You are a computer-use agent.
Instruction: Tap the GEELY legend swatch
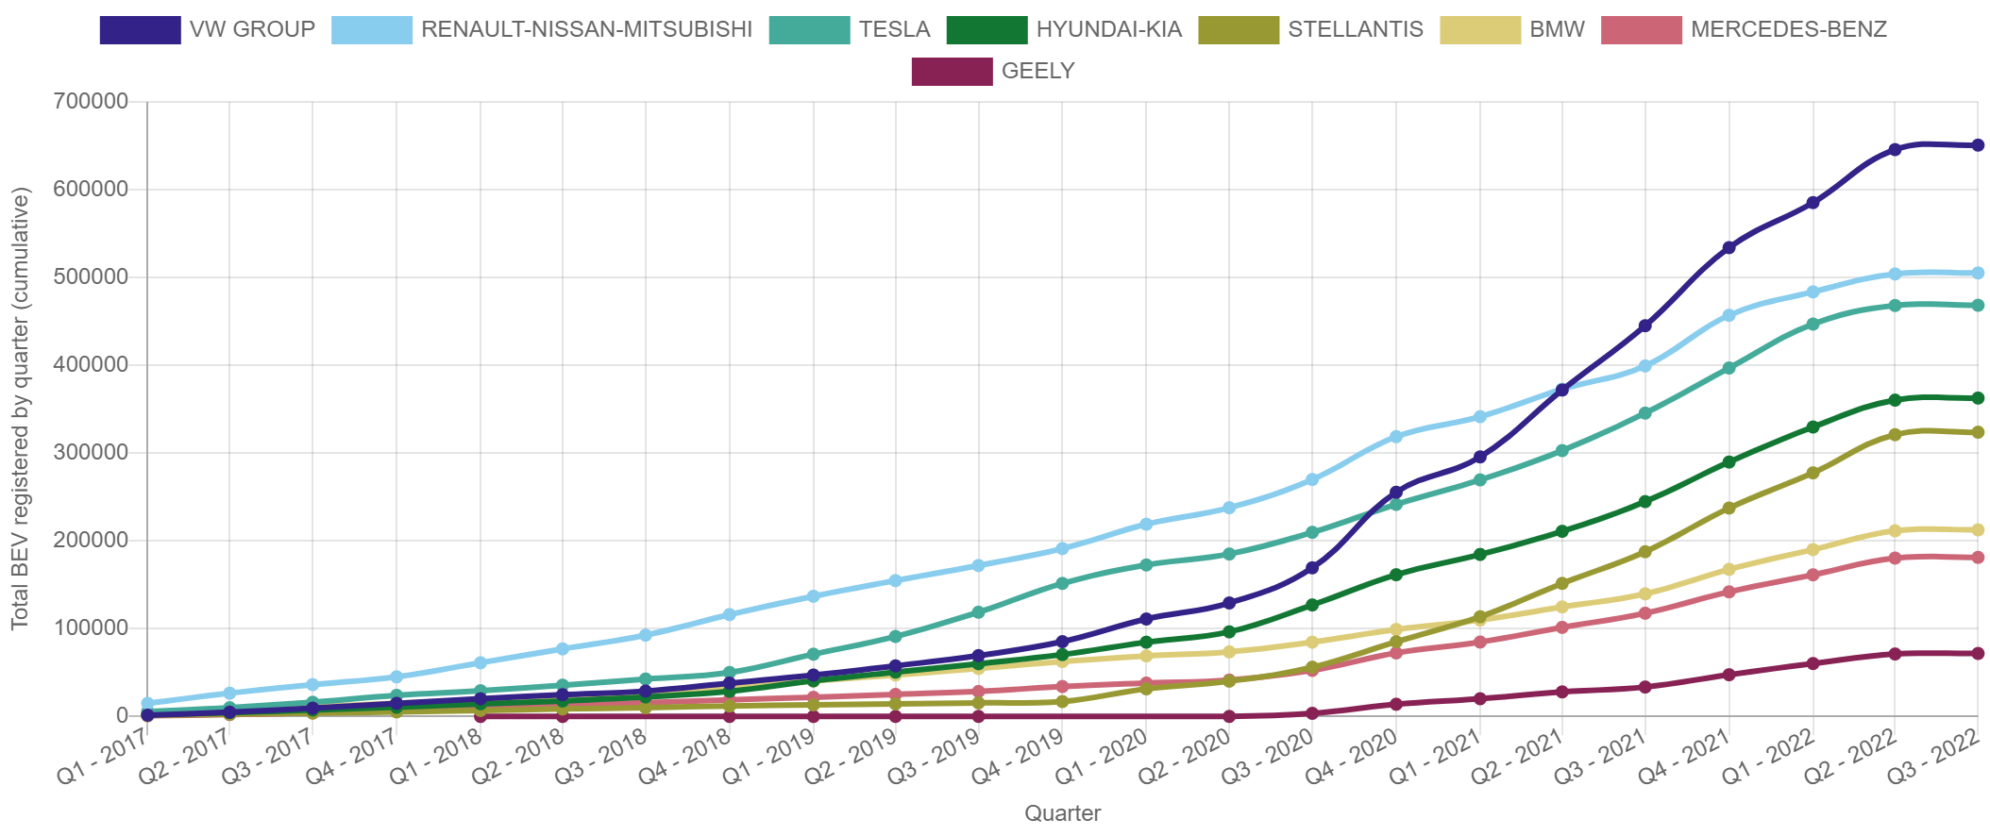(x=951, y=72)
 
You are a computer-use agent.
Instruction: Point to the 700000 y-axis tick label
(x=91, y=101)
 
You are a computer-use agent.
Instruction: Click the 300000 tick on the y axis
(x=91, y=452)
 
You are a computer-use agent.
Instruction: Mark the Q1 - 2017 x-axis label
(x=106, y=760)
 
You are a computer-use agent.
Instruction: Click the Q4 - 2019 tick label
(x=1020, y=760)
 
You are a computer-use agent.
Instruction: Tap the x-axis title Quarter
(x=1062, y=813)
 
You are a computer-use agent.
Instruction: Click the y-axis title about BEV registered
(x=21, y=408)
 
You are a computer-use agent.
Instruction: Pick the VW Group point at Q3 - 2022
(x=1978, y=145)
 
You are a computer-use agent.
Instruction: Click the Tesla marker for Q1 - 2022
(x=1812, y=324)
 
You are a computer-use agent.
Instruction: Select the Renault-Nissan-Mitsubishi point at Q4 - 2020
(x=1395, y=437)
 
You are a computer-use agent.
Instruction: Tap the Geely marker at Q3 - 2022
(x=1978, y=653)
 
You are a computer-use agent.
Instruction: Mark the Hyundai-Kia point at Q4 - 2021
(x=1729, y=462)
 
